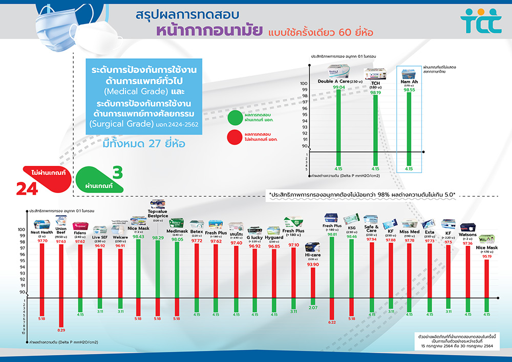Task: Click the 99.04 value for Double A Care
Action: (338, 88)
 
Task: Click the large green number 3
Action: (117, 173)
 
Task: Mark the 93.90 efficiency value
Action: (312, 265)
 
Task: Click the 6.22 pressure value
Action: (332, 322)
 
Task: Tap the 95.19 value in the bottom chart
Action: (487, 257)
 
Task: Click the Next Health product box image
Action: (41, 224)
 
